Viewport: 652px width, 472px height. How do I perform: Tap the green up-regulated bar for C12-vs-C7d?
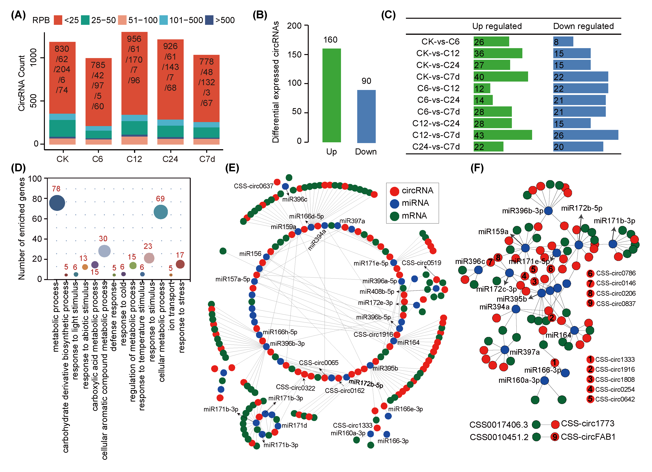coord(503,135)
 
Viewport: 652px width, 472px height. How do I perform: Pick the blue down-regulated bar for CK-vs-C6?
coord(563,42)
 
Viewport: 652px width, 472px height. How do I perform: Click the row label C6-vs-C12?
coord(438,88)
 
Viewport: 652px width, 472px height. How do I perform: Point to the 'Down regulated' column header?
coord(583,26)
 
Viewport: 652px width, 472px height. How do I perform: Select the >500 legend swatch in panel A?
coord(209,20)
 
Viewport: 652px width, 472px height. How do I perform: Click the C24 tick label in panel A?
coord(170,159)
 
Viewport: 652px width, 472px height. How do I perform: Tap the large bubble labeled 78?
coord(57,203)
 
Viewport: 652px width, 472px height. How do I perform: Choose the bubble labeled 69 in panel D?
coord(161,212)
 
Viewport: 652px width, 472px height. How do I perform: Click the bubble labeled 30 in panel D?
coord(104,251)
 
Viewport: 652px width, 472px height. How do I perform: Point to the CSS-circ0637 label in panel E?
coord(253,186)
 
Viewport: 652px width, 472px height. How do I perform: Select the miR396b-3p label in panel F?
coord(522,211)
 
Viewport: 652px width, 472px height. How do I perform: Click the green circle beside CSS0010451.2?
coord(536,437)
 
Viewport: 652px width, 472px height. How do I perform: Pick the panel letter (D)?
coord(18,168)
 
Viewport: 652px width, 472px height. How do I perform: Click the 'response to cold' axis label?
coord(123,313)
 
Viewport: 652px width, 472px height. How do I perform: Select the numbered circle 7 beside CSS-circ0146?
coord(590,283)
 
